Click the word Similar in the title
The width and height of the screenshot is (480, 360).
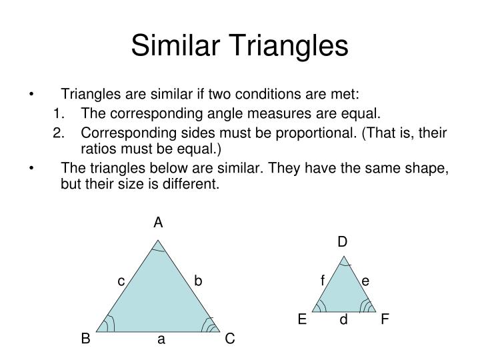(175, 45)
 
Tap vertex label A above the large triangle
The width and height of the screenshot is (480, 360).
(158, 223)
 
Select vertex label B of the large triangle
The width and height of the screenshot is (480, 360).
(86, 339)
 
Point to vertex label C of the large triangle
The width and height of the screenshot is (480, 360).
(229, 339)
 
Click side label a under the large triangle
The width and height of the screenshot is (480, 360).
(161, 339)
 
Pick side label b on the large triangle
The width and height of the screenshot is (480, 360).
(198, 281)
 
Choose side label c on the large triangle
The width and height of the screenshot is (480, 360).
(121, 281)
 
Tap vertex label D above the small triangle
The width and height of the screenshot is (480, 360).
(342, 241)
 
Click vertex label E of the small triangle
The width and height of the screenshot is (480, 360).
(302, 319)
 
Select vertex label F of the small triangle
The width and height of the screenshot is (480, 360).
(385, 319)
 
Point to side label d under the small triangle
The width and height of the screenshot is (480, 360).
(343, 320)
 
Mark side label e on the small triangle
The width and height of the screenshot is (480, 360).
(365, 281)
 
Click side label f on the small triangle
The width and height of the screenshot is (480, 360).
(322, 281)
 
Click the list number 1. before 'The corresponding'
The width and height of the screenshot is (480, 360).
(61, 113)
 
